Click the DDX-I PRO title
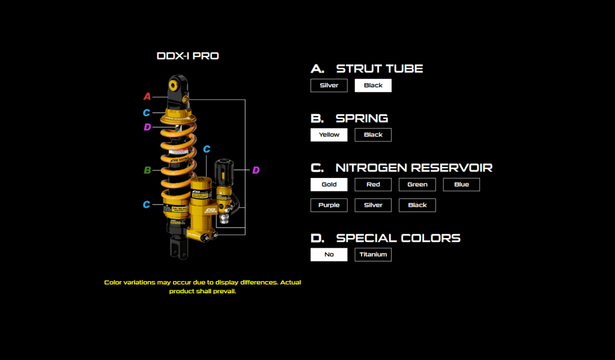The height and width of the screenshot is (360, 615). tap(187, 56)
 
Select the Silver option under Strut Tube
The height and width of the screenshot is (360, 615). tap(329, 85)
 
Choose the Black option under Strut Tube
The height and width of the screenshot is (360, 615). tap(373, 85)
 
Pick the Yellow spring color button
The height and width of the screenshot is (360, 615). tap(329, 135)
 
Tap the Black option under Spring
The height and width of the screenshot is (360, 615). tap(373, 135)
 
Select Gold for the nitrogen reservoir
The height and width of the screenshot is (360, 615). tap(329, 185)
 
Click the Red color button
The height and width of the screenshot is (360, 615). tap(373, 185)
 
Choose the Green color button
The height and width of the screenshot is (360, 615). tap(417, 185)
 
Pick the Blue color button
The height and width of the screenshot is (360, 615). tap(461, 185)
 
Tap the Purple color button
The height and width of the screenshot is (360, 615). tap(329, 205)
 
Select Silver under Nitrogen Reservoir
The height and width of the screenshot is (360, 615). tap(373, 205)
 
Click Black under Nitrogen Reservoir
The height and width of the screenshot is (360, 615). tap(417, 205)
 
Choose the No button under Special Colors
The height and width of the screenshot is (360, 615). tap(329, 254)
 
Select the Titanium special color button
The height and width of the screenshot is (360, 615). tap(373, 254)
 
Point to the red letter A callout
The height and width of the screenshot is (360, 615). tap(147, 96)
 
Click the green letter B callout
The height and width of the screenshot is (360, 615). tap(147, 170)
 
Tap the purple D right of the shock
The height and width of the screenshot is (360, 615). tap(256, 171)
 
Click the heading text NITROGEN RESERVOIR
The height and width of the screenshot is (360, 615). tap(414, 168)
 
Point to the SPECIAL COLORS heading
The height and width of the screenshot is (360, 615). tap(398, 238)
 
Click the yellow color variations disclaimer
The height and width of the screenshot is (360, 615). tap(202, 287)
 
